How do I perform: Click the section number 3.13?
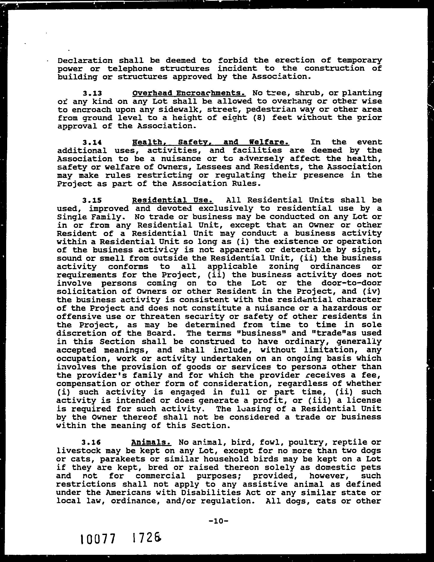pos(92,93)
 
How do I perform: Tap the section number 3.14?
pos(92,142)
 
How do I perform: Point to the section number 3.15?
pos(92,200)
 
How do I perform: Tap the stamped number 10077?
pos(97,539)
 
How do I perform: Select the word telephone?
pos(130,69)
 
